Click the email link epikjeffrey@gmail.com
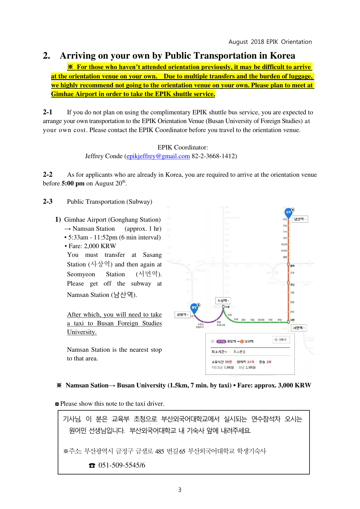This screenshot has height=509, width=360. (158, 156)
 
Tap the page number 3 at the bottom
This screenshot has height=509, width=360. (180, 490)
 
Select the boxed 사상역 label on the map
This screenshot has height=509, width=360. (223, 301)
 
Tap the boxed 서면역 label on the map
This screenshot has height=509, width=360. (299, 328)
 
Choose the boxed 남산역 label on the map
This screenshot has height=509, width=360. (300, 219)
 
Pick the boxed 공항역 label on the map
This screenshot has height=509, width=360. (182, 315)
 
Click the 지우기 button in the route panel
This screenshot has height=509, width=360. (281, 340)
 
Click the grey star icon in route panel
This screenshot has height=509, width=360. (213, 341)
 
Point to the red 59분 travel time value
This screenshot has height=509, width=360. (228, 362)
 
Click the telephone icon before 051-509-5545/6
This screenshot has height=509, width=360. (92, 465)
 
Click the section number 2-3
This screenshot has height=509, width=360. (48, 201)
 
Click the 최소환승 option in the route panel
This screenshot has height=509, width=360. (239, 352)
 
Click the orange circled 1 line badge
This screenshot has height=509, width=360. (242, 342)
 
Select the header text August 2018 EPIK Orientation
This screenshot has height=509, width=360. (270, 42)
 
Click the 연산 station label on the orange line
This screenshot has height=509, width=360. (292, 285)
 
